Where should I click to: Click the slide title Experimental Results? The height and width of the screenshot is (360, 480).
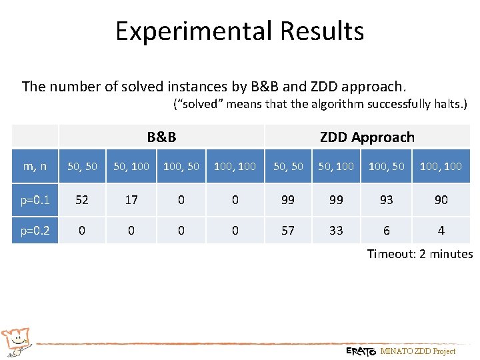[x=239, y=31]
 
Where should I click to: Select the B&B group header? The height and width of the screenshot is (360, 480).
[x=161, y=137]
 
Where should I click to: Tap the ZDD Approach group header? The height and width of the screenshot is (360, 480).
[x=367, y=137]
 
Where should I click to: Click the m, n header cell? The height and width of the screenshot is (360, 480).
[x=35, y=166]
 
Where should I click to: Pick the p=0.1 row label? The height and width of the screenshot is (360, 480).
[x=35, y=199]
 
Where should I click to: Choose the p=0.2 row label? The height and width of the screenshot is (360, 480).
[x=35, y=230]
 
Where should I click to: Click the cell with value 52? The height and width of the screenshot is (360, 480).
[x=83, y=199]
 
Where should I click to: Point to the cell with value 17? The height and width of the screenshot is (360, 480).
[x=131, y=199]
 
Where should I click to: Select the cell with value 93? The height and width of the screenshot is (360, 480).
[x=386, y=199]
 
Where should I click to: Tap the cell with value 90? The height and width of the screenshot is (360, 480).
[x=441, y=199]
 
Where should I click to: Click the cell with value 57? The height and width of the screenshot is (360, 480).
[x=288, y=230]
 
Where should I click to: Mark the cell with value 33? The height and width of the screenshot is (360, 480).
[x=336, y=230]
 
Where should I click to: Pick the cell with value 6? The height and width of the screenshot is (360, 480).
[x=386, y=230]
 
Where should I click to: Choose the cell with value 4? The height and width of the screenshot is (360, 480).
[x=441, y=230]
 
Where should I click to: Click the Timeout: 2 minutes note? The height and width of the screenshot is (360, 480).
[x=419, y=254]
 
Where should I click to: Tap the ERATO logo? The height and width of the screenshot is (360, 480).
[x=361, y=351]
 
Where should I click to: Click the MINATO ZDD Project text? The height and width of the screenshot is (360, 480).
[x=417, y=351]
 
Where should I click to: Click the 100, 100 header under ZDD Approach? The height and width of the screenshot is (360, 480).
[x=441, y=166]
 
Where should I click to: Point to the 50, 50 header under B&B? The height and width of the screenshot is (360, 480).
[x=83, y=166]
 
